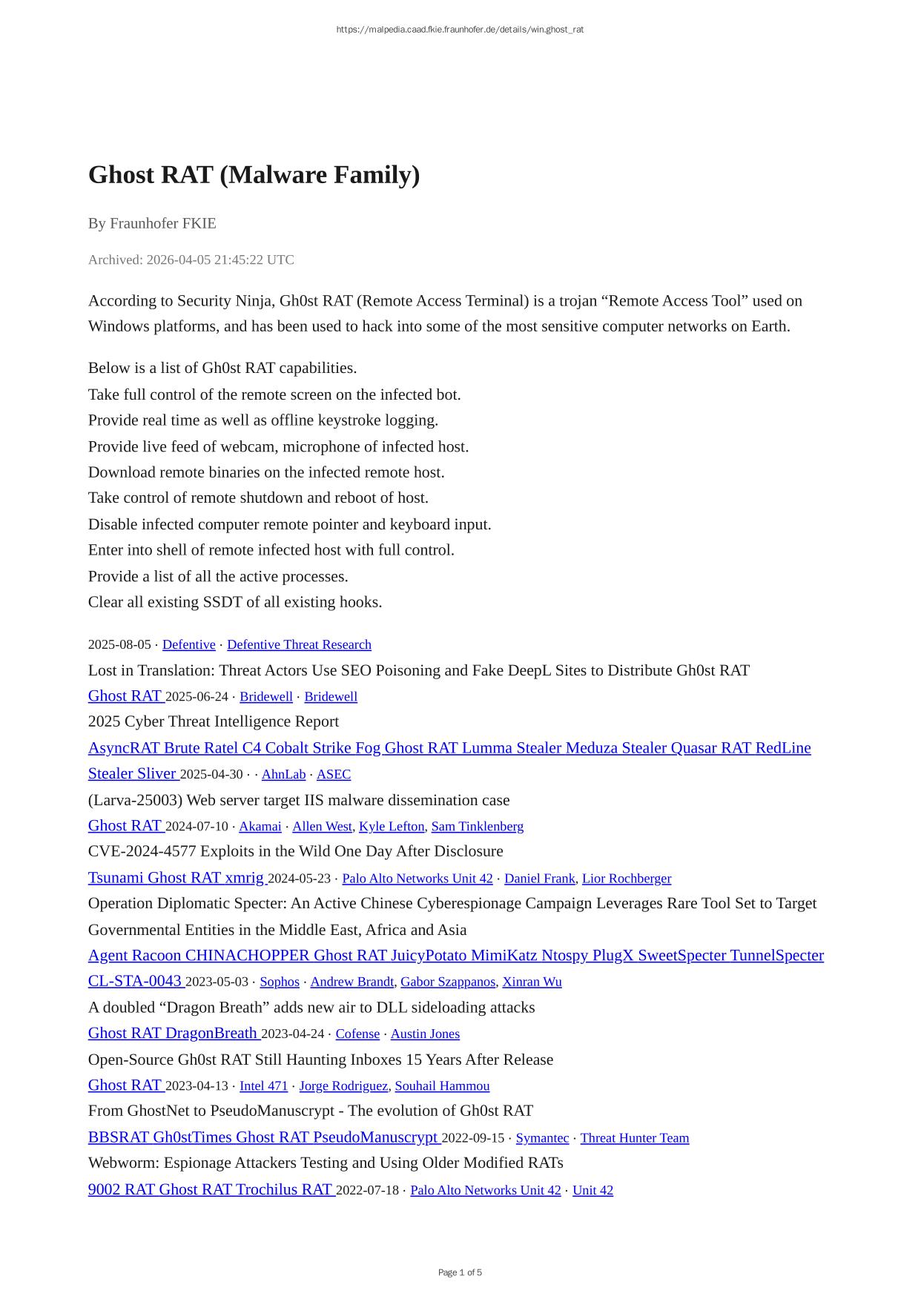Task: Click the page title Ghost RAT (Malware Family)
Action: coord(254,175)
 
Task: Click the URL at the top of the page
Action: coord(460,30)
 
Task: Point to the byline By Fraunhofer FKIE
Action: coord(152,223)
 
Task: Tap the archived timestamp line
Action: coord(191,260)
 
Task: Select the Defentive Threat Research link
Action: coord(299,645)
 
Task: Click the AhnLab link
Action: coord(283,774)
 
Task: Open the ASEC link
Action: coord(334,774)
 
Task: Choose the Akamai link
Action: coord(260,826)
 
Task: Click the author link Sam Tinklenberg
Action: coord(477,826)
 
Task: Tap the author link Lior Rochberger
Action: coord(626,879)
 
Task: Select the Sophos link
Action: coord(280,982)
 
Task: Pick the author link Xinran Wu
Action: coord(532,982)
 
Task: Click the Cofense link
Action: coord(357,1034)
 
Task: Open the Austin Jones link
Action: coord(425,1034)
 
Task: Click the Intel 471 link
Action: coord(263,1085)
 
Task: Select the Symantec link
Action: coord(542,1138)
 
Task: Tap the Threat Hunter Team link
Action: coord(634,1138)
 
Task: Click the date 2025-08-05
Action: coord(119,645)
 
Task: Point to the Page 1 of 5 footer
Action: coord(460,1272)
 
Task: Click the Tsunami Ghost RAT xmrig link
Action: coord(176,878)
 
